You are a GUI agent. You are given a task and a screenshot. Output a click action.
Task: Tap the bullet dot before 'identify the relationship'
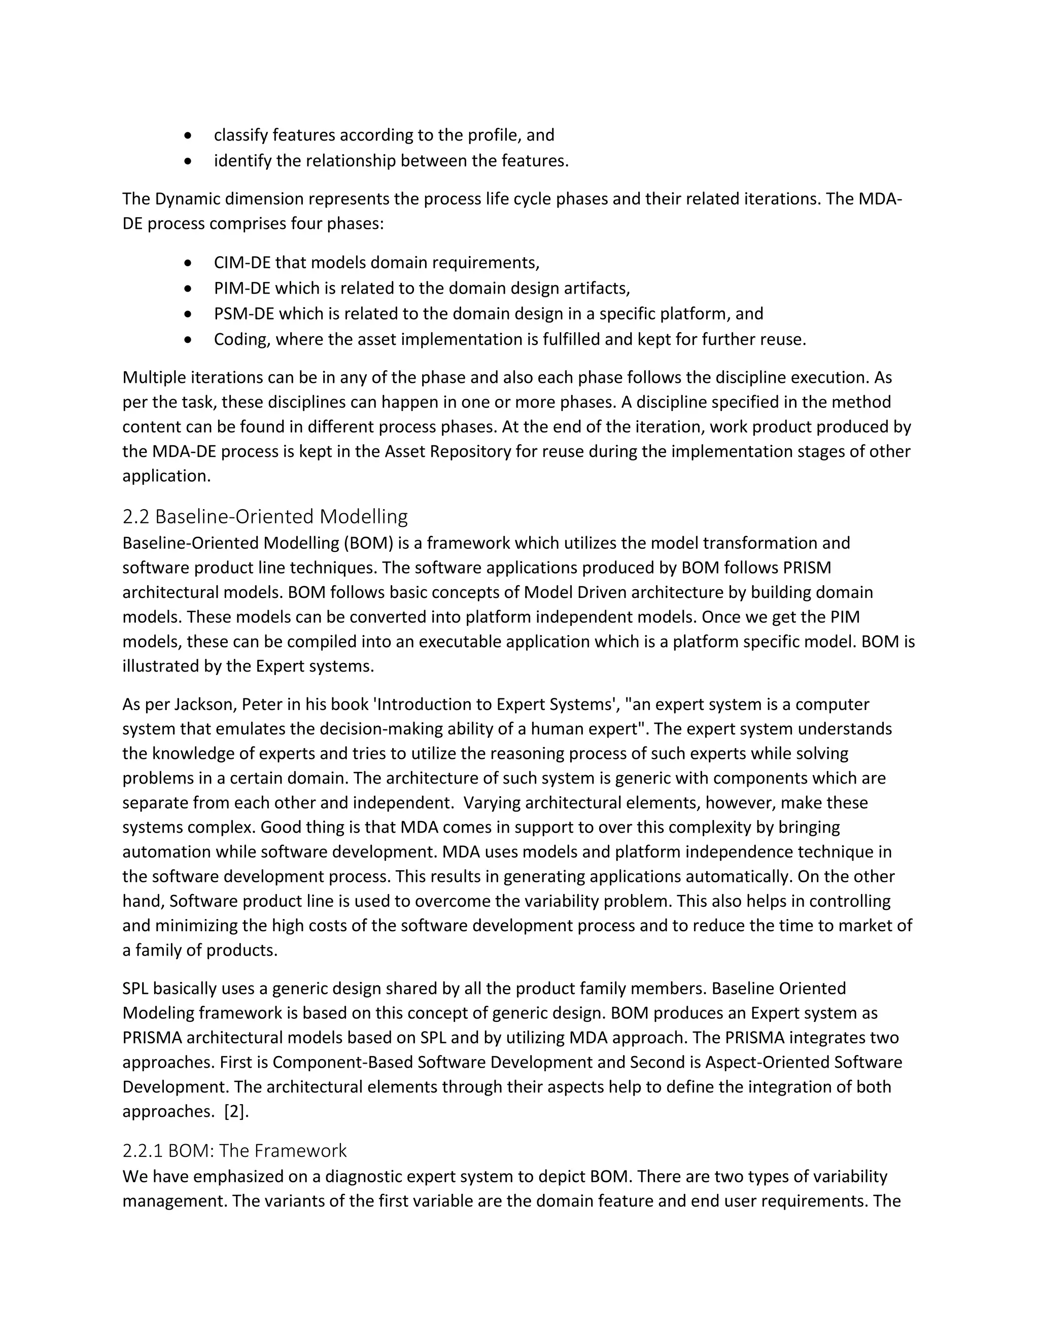(x=188, y=161)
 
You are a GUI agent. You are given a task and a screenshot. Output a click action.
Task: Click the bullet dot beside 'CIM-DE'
(x=188, y=263)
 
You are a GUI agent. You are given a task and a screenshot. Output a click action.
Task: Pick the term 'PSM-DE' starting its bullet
(x=243, y=314)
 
